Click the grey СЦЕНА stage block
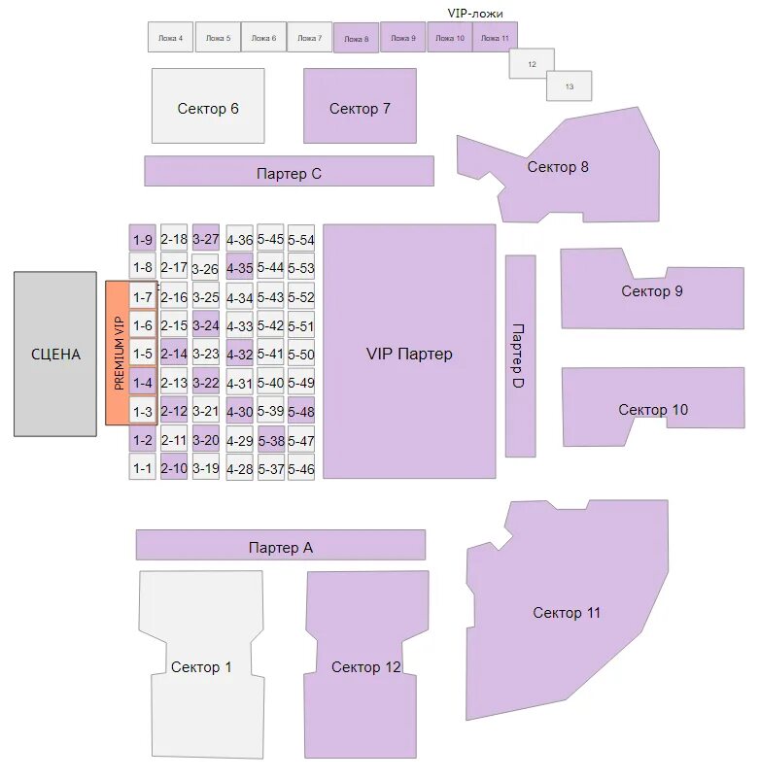point(55,354)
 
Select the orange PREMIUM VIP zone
point(118,353)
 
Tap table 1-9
point(143,239)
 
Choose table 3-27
point(206,239)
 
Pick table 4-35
point(239,267)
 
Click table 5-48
point(301,412)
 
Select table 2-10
point(174,469)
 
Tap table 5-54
point(301,239)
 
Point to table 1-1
point(143,469)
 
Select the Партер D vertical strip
point(520,356)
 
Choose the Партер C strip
point(289,171)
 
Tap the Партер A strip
point(280,545)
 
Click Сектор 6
point(208,106)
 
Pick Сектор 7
point(360,106)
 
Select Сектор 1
point(202,667)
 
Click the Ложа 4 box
point(169,38)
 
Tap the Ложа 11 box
point(495,38)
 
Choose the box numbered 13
point(569,86)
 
